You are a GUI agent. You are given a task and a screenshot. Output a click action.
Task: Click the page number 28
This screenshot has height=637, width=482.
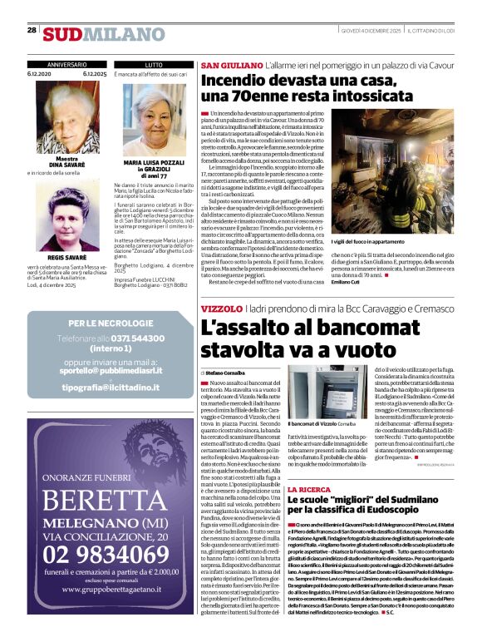pos(32,30)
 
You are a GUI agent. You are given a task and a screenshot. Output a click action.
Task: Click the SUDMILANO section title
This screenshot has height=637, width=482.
pos(93,34)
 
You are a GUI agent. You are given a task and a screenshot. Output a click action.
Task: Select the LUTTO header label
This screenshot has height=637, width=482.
pos(154,64)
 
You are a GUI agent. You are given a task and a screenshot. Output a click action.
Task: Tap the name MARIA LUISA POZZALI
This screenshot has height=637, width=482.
pos(154,164)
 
